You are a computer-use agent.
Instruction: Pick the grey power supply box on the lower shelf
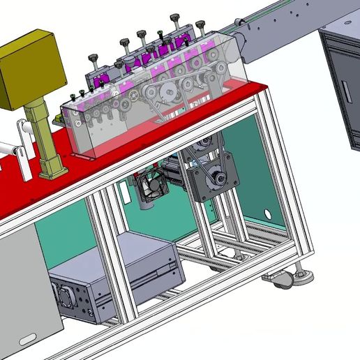tap(115, 279)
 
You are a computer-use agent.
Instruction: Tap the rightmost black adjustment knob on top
tap(201, 26)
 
